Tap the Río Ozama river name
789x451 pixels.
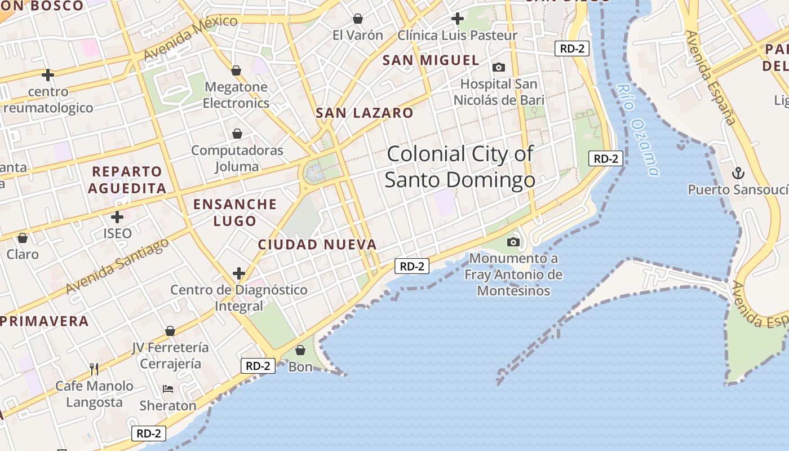[638, 130]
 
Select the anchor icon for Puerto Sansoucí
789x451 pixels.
[737, 173]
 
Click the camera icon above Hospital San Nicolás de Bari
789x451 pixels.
[499, 68]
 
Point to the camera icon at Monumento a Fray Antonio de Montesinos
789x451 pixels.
[513, 242]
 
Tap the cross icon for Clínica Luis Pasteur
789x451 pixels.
[458, 19]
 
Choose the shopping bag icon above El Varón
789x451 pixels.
[357, 19]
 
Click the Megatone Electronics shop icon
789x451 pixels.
[236, 70]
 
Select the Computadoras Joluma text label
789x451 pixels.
[237, 158]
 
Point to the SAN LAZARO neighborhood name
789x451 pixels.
[365, 113]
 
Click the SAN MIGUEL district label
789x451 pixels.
[431, 60]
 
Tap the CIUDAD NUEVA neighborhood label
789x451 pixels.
[317, 245]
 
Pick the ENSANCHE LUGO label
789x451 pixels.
[235, 212]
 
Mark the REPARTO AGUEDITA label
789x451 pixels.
[127, 180]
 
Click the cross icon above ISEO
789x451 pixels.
[117, 216]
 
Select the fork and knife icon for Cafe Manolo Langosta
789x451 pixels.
[94, 369]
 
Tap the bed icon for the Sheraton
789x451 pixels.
[168, 388]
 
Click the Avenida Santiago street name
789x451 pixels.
[117, 266]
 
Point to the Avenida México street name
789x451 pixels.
[190, 38]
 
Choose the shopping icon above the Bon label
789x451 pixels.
[300, 350]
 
